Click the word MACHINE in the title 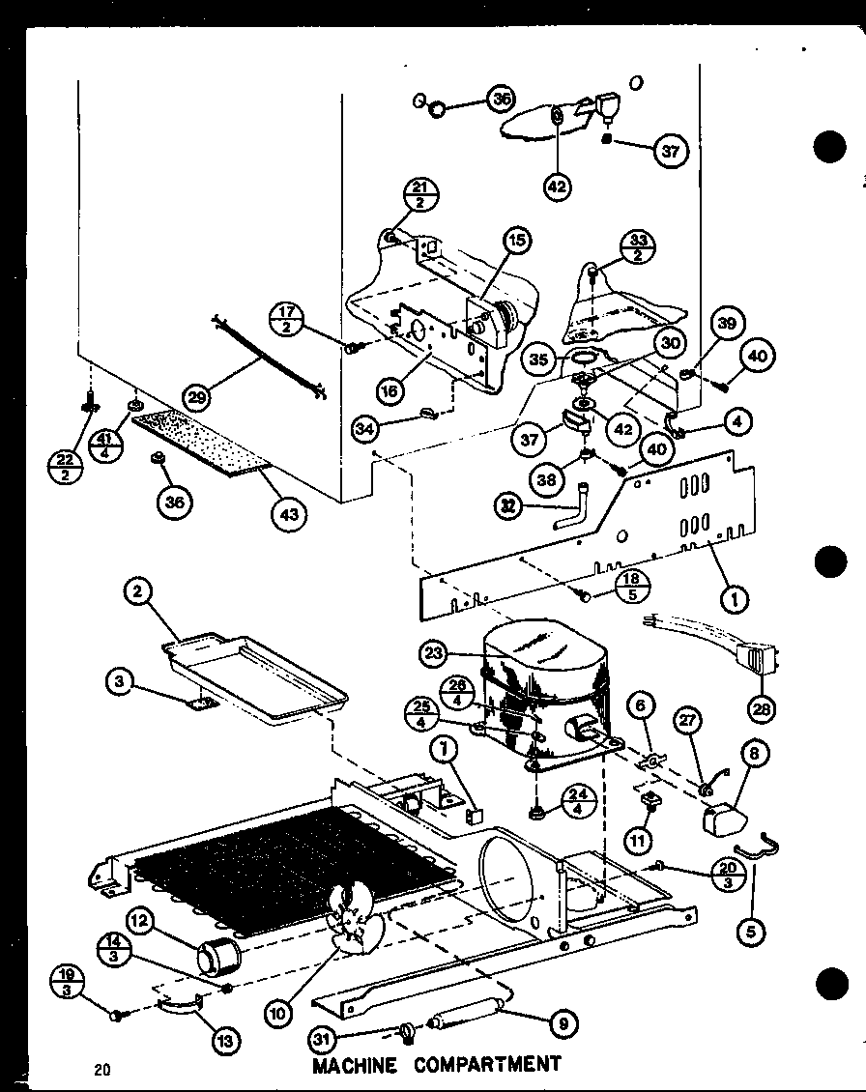point(355,1065)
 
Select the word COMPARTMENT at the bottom point(488,1064)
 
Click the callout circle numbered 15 point(517,240)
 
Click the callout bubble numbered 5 point(752,933)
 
